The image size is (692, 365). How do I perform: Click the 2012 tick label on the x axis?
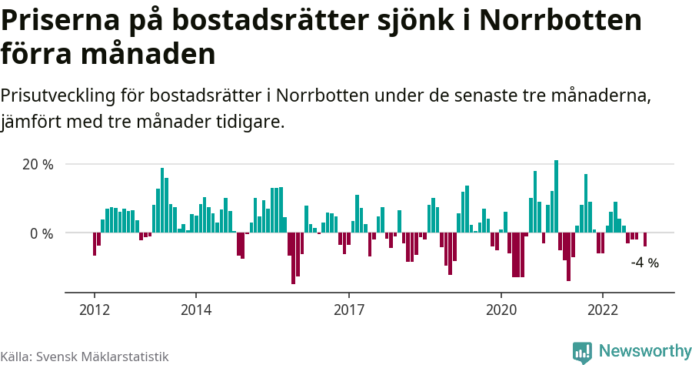tap(95, 310)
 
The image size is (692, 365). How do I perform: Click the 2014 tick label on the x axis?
tap(196, 310)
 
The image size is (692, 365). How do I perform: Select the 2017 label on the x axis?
tap(349, 310)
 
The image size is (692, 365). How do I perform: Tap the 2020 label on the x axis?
tap(501, 310)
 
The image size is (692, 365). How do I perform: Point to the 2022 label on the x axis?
tap(603, 310)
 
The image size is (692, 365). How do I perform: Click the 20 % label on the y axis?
tap(38, 165)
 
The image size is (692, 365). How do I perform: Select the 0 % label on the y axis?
tap(42, 233)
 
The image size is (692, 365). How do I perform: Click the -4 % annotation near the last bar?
tap(644, 263)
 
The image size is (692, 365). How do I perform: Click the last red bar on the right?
tap(645, 239)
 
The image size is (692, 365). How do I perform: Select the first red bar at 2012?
tap(95, 243)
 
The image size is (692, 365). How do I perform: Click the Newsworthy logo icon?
tap(583, 352)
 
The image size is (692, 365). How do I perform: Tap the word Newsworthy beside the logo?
tap(645, 351)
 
